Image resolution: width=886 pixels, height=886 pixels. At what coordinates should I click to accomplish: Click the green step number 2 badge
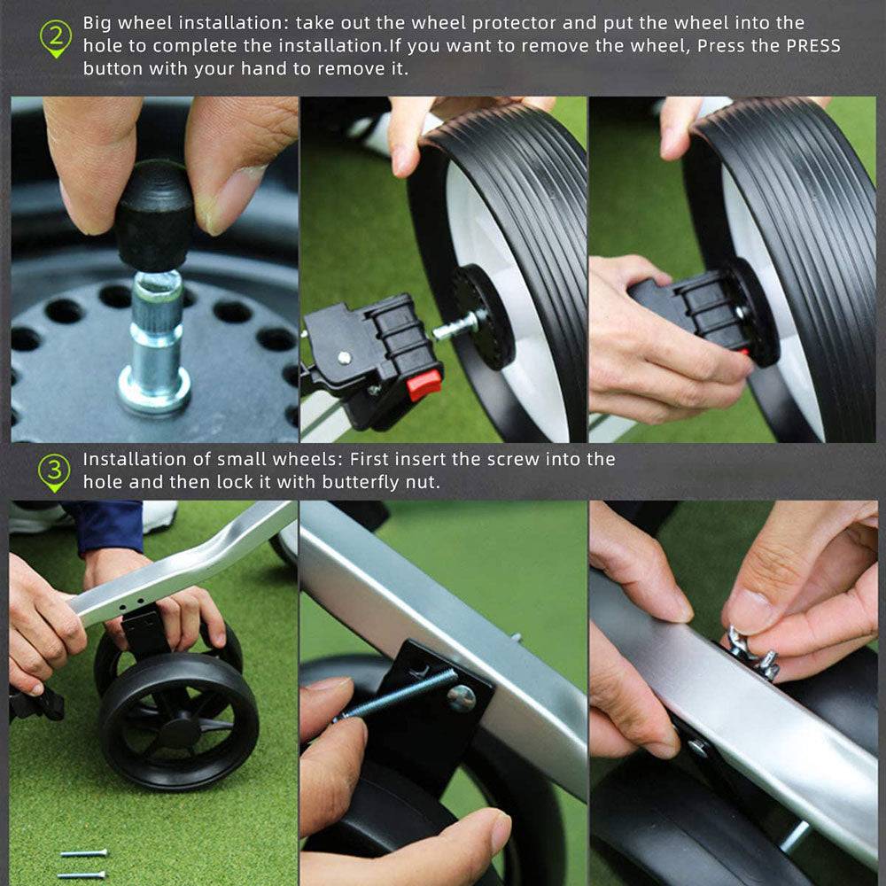tap(56, 38)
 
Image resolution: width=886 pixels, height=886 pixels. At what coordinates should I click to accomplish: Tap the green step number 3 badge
tap(54, 472)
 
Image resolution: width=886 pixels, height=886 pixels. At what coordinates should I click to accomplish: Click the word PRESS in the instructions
tap(813, 46)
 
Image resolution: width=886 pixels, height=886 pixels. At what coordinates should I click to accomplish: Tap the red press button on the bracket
tap(424, 385)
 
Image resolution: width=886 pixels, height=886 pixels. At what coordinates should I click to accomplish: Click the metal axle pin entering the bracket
tap(455, 328)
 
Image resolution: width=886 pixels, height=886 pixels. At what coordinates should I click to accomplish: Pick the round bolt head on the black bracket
tap(462, 698)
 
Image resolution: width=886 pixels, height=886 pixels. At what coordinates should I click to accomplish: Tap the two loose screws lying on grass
tap(82, 863)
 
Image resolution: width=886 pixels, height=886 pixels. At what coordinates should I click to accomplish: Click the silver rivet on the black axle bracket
tap(344, 357)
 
